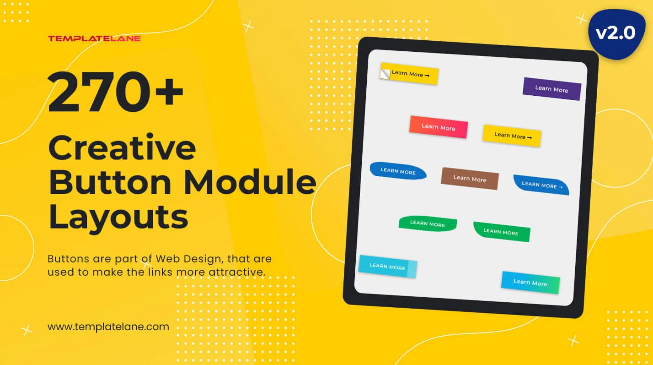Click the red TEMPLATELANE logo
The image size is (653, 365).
click(94, 38)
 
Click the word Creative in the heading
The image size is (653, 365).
click(122, 147)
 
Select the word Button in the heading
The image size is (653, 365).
click(110, 182)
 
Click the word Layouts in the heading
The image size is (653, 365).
click(118, 217)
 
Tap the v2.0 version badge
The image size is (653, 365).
click(616, 33)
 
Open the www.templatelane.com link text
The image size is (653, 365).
click(108, 327)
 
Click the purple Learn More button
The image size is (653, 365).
click(552, 89)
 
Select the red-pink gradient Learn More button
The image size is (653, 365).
click(439, 127)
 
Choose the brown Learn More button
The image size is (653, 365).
click(470, 179)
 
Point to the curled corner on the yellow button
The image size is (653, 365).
click(385, 74)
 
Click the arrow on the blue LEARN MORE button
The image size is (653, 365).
click(561, 187)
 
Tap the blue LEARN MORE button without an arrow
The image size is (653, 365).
click(398, 171)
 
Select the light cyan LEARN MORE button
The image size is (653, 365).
click(388, 267)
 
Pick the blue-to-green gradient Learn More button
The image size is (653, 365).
click(530, 283)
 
